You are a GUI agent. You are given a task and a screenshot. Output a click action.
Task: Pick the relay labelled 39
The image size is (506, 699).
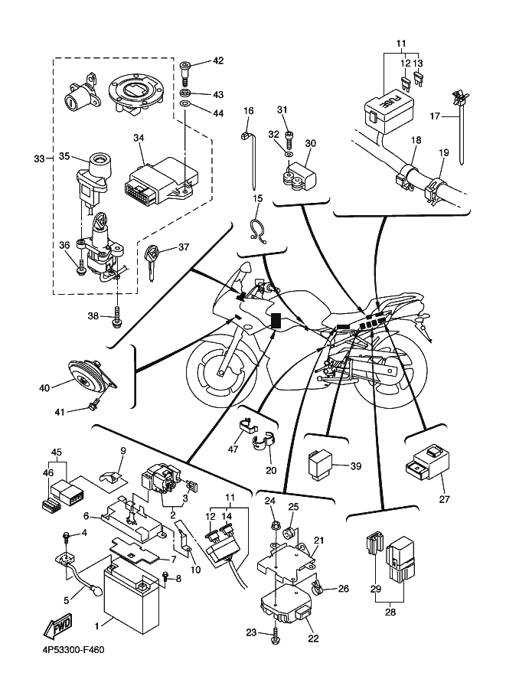tap(320, 465)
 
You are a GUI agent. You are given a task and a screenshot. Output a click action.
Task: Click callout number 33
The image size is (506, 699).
tap(40, 158)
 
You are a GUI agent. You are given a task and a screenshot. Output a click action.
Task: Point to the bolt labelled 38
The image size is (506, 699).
tap(116, 315)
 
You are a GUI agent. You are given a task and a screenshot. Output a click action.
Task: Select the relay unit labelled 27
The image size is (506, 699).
tap(427, 460)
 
